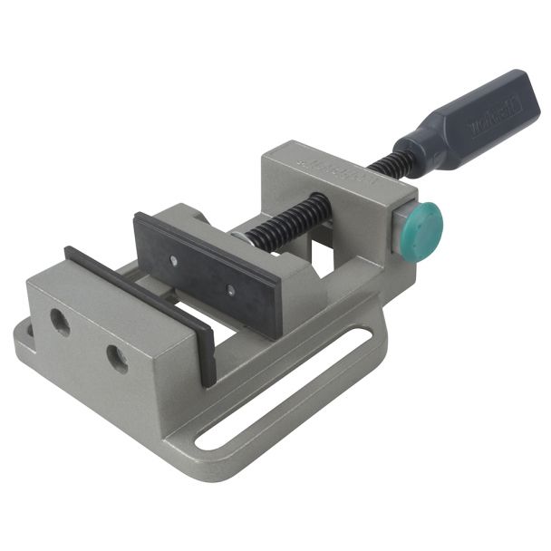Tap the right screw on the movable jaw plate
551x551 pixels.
(230, 292)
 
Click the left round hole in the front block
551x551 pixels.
(60, 319)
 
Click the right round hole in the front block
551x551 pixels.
(117, 359)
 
